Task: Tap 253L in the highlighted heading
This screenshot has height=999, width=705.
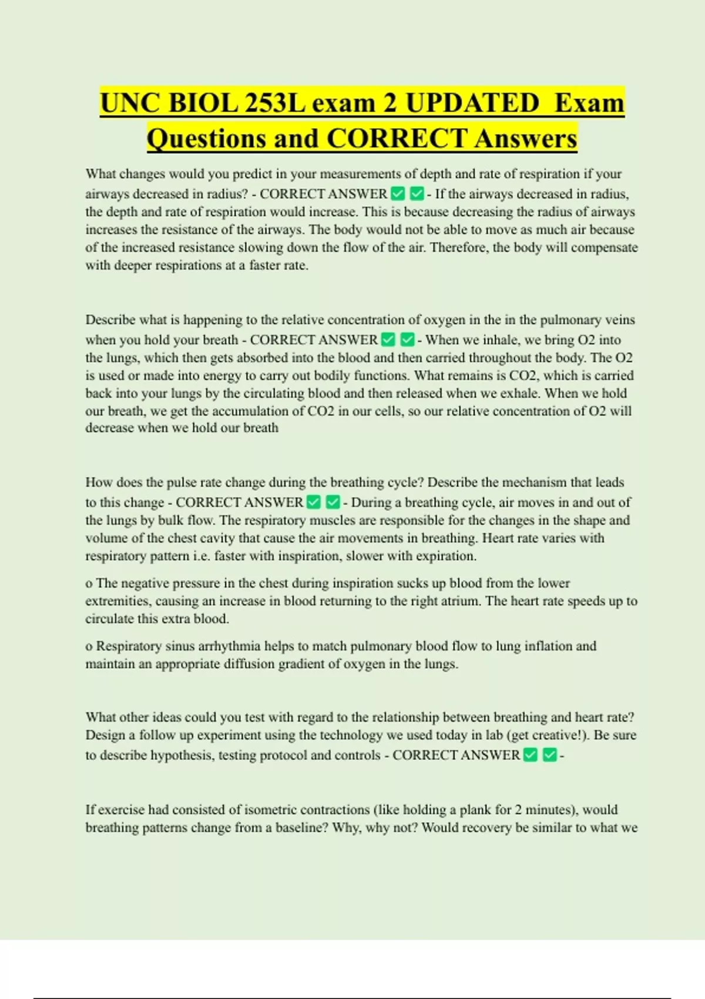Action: (275, 103)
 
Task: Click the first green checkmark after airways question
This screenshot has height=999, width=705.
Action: (398, 193)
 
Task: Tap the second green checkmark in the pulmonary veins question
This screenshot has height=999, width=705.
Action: (407, 339)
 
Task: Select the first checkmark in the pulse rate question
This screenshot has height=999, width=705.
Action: (314, 502)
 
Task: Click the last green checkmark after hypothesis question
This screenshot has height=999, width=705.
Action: (549, 755)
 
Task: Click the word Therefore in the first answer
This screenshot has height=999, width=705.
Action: (457, 247)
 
